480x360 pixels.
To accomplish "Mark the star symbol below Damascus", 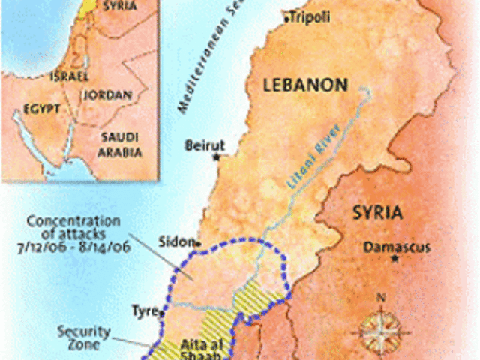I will click(394, 259).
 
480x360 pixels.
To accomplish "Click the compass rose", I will click(380, 328).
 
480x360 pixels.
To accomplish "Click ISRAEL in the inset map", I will click(69, 76).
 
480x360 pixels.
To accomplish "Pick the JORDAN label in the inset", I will click(115, 95).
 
